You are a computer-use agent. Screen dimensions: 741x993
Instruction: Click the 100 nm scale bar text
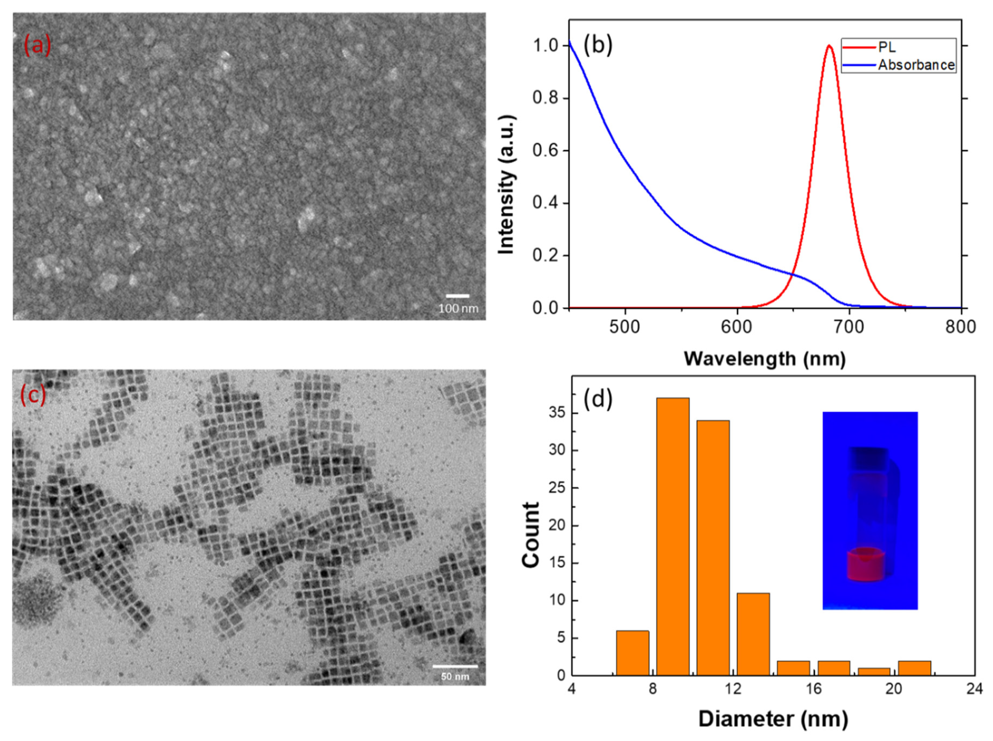[458, 309]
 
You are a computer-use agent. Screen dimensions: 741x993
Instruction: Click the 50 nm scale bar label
[455, 676]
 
